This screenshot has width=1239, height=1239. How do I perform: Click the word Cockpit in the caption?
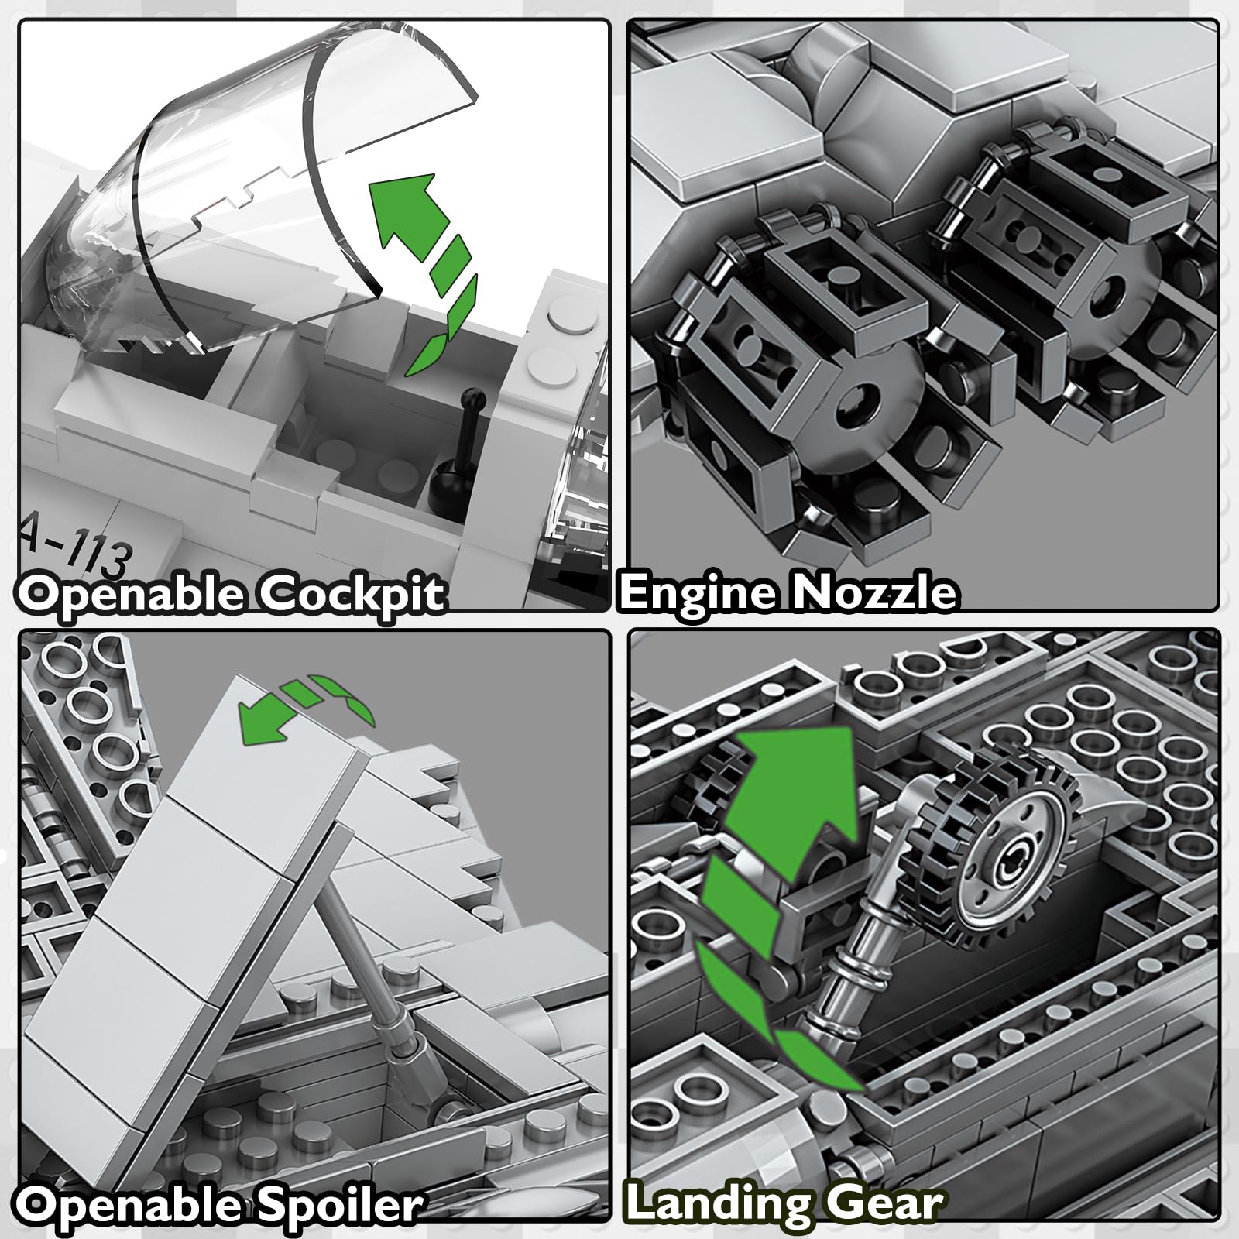(352, 595)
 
